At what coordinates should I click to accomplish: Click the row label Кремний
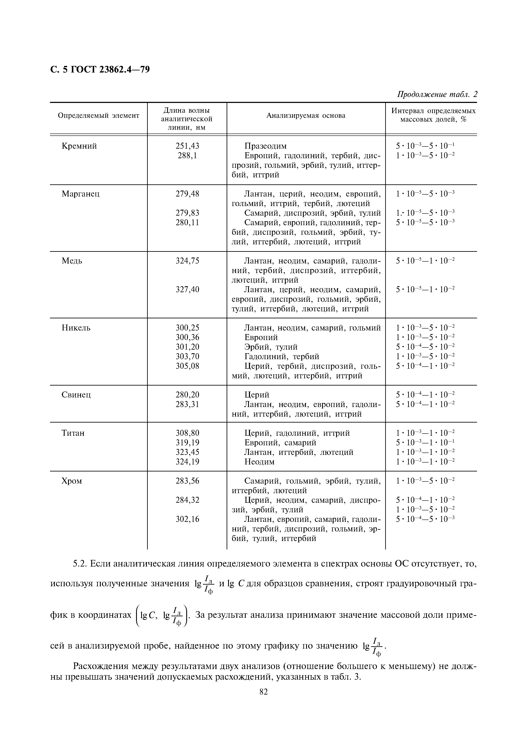point(79,146)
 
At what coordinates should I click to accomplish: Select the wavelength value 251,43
point(187,146)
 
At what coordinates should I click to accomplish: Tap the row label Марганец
point(81,194)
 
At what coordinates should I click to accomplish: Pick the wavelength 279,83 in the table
point(187,213)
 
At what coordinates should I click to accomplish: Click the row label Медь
point(72,261)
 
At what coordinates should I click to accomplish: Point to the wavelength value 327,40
point(187,289)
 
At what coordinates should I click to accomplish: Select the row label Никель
point(76,328)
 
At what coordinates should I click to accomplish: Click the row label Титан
point(73,433)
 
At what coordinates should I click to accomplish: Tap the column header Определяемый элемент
point(98,116)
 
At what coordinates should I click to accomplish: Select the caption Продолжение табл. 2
point(437,95)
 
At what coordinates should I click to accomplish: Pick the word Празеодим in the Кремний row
point(265,146)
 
